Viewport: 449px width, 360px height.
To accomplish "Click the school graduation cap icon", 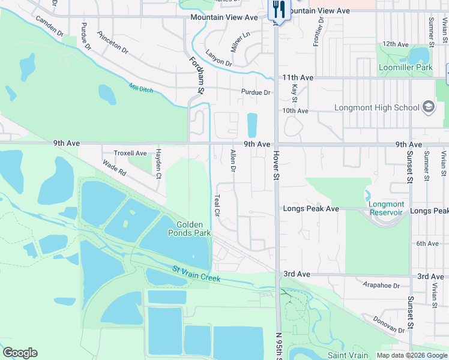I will pyautogui.click(x=429, y=107).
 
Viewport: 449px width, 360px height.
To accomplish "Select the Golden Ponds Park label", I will pyautogui.click(x=188, y=228).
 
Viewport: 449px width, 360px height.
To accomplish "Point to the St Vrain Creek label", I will pyautogui.click(x=196, y=274).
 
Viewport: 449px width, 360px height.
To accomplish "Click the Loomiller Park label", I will pyautogui.click(x=406, y=68).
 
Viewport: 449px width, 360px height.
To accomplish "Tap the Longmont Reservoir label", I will pyautogui.click(x=387, y=208).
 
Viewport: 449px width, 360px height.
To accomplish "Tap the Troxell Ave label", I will pyautogui.click(x=130, y=154).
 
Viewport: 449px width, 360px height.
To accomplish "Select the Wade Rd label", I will pyautogui.click(x=114, y=167).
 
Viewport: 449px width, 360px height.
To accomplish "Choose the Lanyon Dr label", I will pyautogui.click(x=218, y=59).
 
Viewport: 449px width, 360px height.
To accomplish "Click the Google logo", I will pyautogui.click(x=20, y=353).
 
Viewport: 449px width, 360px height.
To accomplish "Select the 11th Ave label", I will pyautogui.click(x=298, y=78).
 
